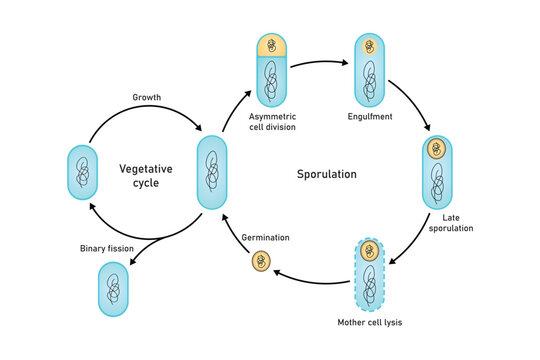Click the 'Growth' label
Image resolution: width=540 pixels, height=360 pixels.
coord(147,98)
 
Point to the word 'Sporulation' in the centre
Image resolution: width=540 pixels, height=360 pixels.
coord(326,174)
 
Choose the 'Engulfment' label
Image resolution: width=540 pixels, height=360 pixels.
coord(370,117)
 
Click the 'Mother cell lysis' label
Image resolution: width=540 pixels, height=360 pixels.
coord(370,322)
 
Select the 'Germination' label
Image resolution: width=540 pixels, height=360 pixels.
coord(265,238)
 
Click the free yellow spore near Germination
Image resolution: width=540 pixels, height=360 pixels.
coord(260,262)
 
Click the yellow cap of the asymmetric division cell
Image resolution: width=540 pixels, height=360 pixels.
coord(272,46)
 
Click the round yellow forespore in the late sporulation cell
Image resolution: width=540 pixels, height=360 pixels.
coord(436,150)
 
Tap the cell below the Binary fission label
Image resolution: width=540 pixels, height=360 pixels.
coord(113,290)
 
